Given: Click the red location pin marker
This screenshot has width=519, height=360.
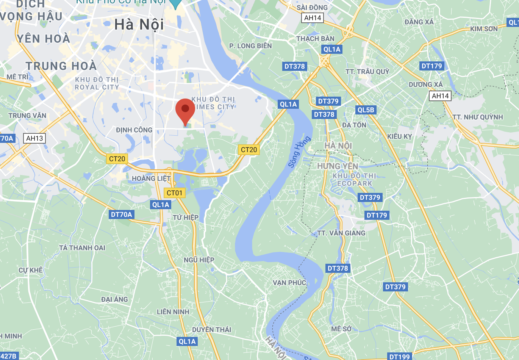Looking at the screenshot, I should tap(185, 110).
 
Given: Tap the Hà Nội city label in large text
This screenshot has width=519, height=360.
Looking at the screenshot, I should tap(139, 25).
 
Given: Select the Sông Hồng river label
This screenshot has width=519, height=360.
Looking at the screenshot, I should tap(299, 152).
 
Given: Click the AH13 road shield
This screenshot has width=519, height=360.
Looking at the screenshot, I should tap(34, 138).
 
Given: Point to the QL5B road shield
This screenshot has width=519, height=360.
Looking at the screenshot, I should tap(366, 110).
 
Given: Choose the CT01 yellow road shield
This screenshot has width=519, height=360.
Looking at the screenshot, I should tap(175, 193).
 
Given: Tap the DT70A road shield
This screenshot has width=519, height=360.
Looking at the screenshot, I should tap(121, 214).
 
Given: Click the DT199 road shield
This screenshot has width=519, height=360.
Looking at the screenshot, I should tap(400, 356).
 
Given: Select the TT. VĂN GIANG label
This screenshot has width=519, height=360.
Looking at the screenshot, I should tap(341, 233).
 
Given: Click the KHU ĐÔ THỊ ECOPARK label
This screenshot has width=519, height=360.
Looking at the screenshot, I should tap(355, 180).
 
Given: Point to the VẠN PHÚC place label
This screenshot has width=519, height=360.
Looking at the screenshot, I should tap(289, 283).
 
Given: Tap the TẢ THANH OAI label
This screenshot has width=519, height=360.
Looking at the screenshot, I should tap(82, 248).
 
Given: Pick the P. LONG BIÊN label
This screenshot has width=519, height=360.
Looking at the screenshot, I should tap(250, 46).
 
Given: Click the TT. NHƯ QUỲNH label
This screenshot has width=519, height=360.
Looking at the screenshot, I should tap(477, 117).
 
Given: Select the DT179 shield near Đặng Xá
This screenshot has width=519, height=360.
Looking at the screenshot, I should tap(432, 66).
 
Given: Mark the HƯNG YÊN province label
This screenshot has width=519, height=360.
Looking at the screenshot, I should tap(338, 166).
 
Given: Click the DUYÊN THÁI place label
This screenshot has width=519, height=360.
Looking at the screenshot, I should tap(211, 330).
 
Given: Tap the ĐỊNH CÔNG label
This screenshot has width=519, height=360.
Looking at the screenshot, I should tap(134, 130).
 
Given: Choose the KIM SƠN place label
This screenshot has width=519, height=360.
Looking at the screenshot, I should tap(484, 29).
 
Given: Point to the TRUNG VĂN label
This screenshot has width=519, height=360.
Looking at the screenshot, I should tap(27, 116).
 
